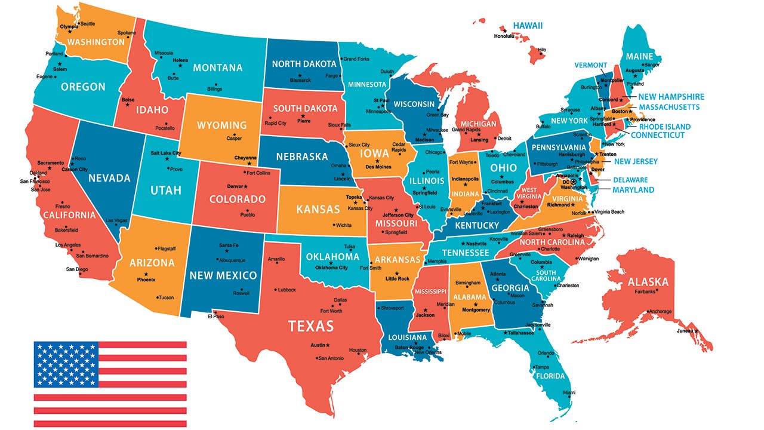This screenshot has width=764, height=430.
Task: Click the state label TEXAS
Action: point(311,326)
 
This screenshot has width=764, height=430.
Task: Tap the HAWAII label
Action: point(528,25)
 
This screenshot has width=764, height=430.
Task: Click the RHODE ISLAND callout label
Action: point(664,127)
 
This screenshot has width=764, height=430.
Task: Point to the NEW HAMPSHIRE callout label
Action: point(671,97)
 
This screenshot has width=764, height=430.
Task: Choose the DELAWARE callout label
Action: point(630,180)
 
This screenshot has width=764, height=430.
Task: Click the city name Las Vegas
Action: point(117,220)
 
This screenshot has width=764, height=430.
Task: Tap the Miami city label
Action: point(569,392)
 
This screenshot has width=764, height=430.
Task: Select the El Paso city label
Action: point(215,317)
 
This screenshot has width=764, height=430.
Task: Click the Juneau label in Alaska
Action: point(684,331)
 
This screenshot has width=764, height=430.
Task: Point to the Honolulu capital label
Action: point(504,36)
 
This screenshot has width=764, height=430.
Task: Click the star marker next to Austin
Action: point(328,345)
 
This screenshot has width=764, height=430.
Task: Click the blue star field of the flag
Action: point(66,364)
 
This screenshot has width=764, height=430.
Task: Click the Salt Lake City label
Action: point(165,153)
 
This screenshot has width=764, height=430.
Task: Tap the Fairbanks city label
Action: point(645,292)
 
